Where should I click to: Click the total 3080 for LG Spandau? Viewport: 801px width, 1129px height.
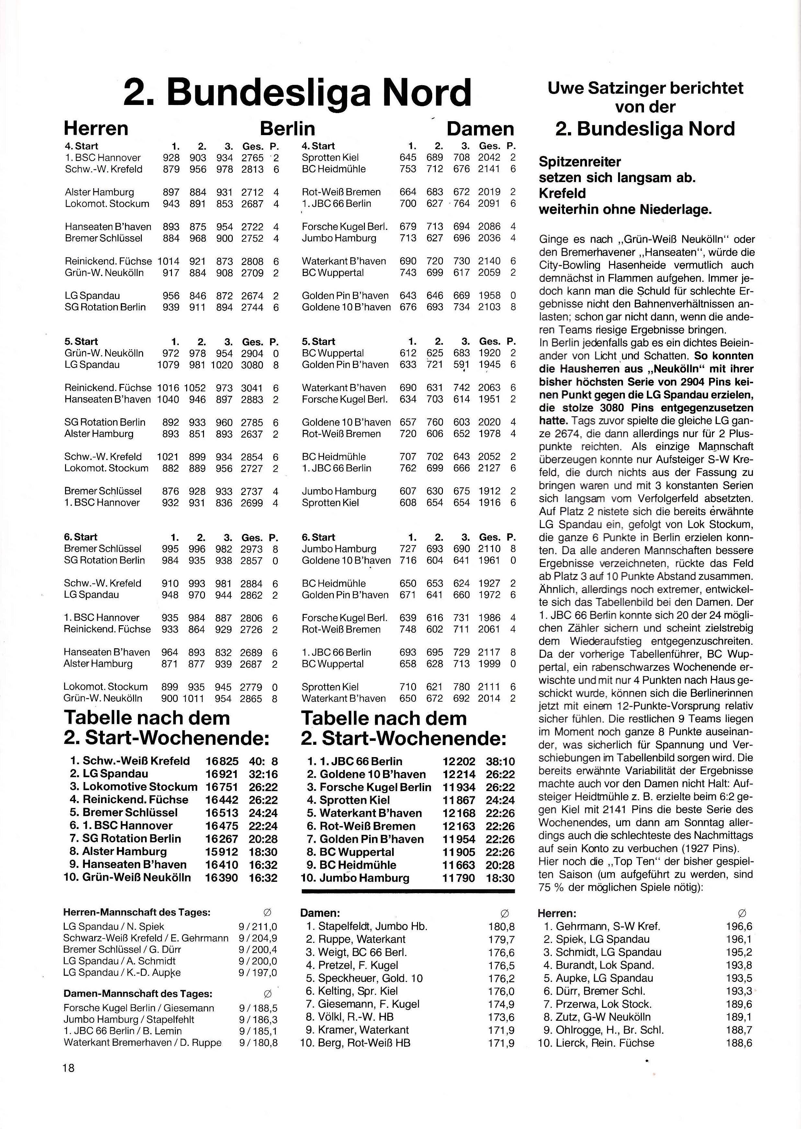252,365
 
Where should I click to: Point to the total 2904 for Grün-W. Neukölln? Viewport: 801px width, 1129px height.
252,354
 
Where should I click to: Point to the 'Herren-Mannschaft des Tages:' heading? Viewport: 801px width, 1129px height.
137,912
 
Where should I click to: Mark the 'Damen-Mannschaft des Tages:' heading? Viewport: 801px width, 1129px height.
138,994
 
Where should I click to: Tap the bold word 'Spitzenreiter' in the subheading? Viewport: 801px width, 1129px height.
580,162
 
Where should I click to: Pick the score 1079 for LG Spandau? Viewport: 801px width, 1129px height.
168,365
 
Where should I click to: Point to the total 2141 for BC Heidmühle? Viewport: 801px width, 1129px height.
489,169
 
